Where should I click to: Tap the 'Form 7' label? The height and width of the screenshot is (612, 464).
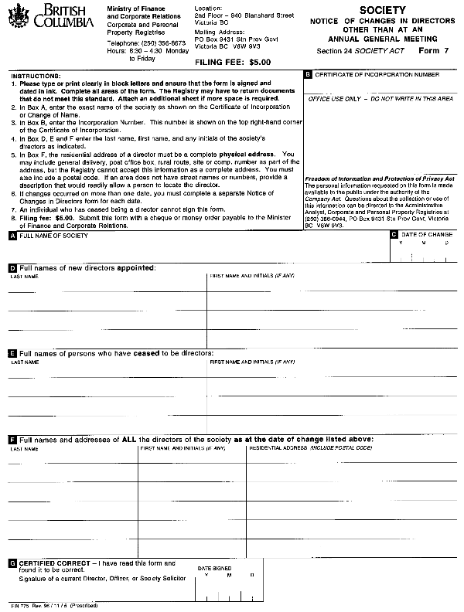(433, 50)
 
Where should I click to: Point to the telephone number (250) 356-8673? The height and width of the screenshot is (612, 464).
(145, 43)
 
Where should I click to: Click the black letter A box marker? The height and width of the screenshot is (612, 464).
(12, 236)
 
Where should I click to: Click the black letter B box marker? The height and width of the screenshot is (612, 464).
(308, 75)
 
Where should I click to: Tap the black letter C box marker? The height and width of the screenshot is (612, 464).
(394, 234)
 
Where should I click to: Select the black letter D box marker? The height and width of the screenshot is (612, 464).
(12, 267)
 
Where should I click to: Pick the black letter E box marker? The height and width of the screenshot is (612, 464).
(12, 353)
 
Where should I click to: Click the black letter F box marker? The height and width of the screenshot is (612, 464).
(12, 439)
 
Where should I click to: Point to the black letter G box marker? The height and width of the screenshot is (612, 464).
(12, 563)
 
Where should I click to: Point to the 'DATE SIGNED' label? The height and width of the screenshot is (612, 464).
(214, 568)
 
